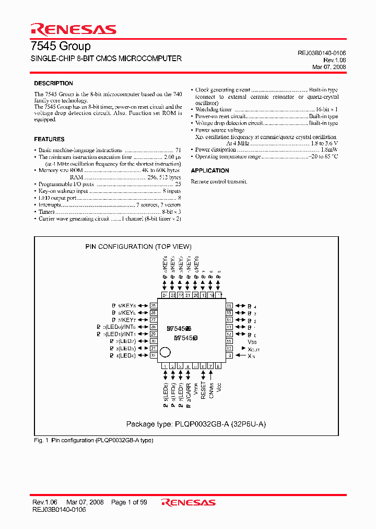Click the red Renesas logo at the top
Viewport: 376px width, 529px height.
(73, 29)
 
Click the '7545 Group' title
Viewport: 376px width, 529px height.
(62, 46)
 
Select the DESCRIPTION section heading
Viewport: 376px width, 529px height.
(53, 84)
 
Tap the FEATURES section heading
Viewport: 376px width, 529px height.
(49, 140)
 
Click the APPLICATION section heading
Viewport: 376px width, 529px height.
(210, 171)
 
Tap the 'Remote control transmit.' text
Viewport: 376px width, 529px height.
(219, 181)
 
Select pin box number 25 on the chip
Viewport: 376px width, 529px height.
(153, 306)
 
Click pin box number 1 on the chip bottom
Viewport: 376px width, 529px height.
(165, 366)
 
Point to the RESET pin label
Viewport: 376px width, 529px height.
(203, 389)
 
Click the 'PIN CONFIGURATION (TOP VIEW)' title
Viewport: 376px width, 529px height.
(138, 247)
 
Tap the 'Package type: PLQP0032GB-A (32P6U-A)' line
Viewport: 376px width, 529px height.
(196, 424)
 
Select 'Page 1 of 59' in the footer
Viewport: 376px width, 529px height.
(129, 502)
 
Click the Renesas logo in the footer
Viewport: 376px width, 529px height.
(189, 503)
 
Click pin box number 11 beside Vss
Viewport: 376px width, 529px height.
(229, 341)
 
